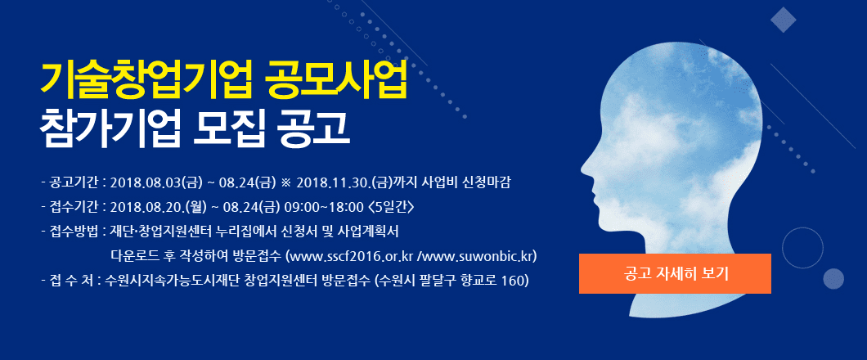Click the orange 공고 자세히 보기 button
tap(675, 274)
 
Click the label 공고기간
tap(74, 182)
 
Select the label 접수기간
tap(74, 207)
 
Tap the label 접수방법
tap(74, 232)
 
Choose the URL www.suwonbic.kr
tap(477, 257)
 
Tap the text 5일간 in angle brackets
tap(391, 207)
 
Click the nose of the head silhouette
tap(583, 166)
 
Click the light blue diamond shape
tap(783, 20)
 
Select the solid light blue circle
tap(833, 279)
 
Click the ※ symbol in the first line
tap(285, 182)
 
